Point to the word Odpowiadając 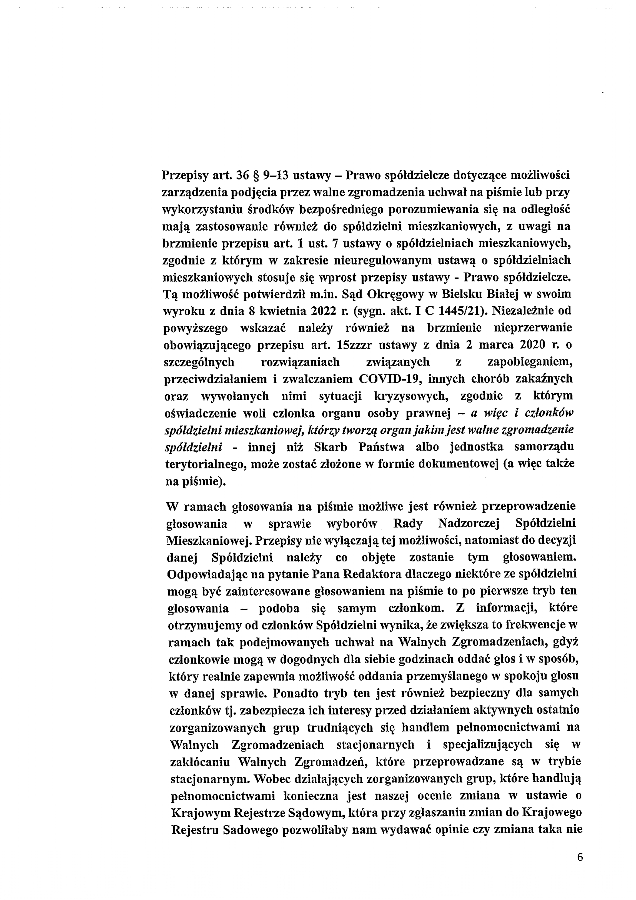point(201,574)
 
